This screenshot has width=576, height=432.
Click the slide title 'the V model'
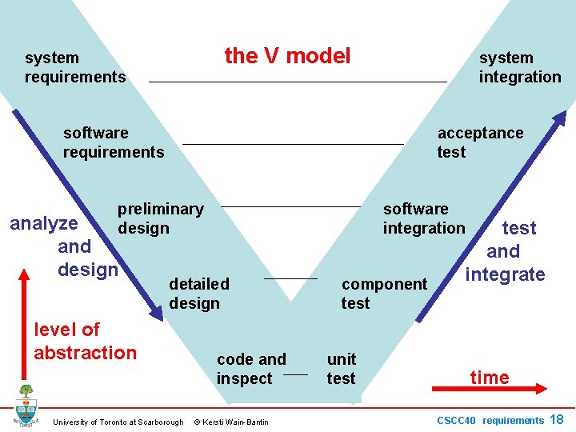point(287,55)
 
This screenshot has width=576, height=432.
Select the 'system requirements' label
point(75,67)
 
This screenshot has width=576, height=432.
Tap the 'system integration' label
point(520,67)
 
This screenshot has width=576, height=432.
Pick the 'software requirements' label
point(114,142)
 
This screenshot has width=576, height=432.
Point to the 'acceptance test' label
point(480,142)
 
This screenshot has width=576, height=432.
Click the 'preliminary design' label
point(160,218)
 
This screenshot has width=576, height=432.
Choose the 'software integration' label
point(423,218)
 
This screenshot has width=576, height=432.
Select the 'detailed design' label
point(198,294)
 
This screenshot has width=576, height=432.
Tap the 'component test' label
point(384,294)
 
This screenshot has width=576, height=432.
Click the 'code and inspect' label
point(250,369)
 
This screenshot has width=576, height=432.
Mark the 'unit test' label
point(342,369)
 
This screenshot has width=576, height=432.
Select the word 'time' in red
point(490,378)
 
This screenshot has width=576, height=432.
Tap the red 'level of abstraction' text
point(85,341)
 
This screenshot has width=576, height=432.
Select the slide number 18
point(557,419)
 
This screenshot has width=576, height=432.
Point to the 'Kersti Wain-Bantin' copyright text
point(231,422)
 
